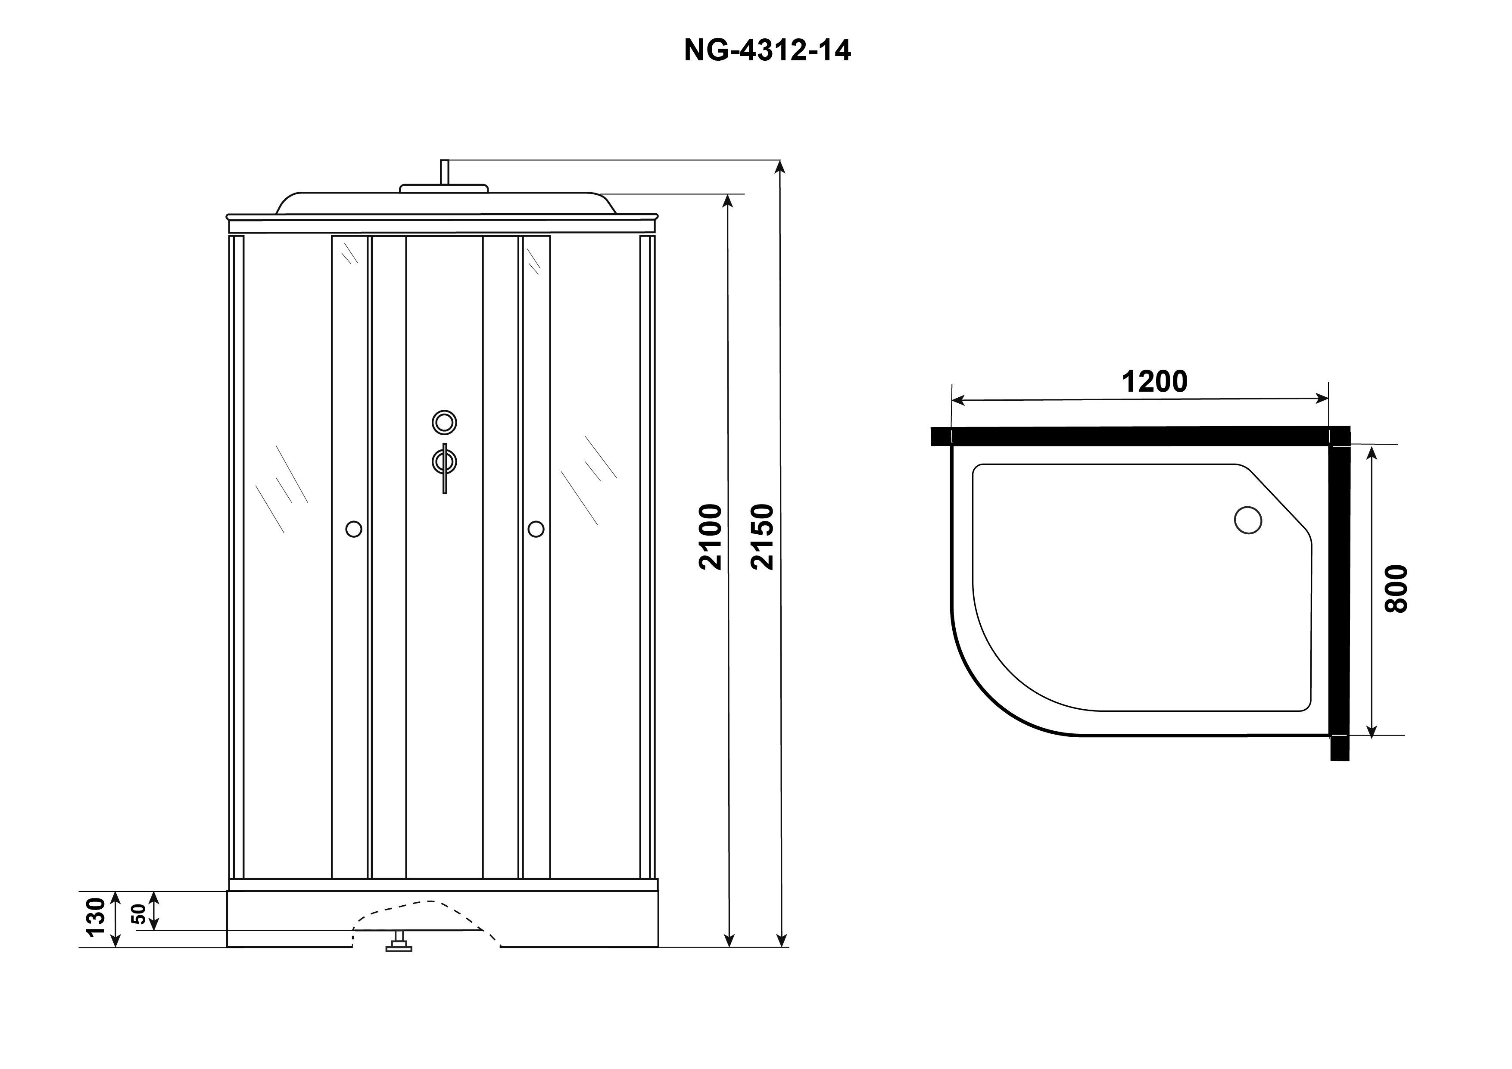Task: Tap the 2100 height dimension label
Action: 711,537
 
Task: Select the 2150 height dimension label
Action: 763,537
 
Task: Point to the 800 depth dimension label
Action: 1397,589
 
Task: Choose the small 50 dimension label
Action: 139,914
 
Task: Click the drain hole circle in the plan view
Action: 1248,520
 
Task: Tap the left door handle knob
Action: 354,529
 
